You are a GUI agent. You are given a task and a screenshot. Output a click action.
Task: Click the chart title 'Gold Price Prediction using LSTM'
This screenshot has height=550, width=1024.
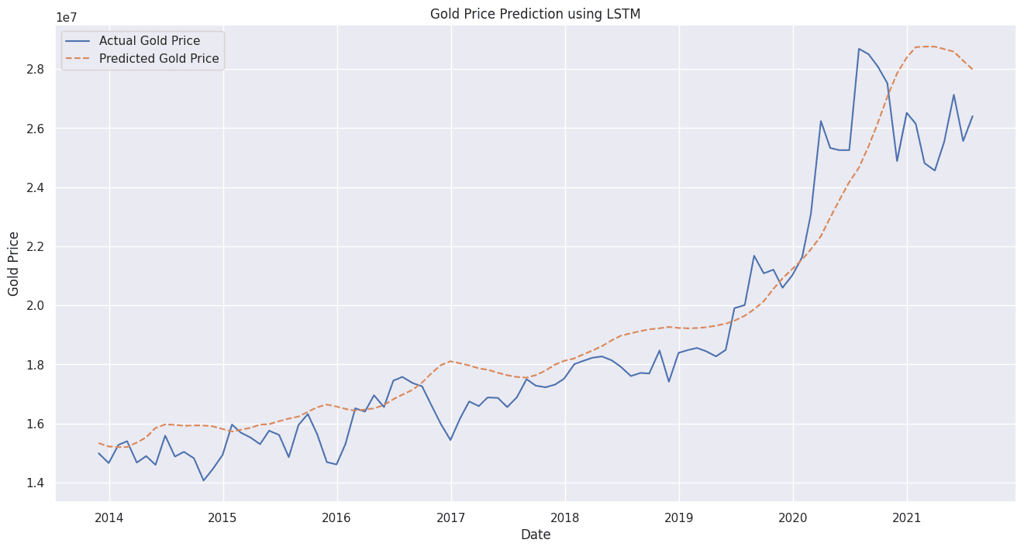[x=535, y=14]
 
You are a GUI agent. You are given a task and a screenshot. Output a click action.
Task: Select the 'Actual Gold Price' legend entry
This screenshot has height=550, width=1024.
[x=149, y=41]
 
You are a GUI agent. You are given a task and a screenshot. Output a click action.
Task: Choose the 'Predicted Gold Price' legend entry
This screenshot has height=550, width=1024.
[x=159, y=59]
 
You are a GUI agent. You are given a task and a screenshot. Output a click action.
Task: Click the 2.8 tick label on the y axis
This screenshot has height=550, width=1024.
[x=36, y=70]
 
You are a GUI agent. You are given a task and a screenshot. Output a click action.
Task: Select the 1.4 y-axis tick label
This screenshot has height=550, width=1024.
[x=36, y=483]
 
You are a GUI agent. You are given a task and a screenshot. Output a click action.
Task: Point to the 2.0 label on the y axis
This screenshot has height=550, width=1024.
[x=36, y=306]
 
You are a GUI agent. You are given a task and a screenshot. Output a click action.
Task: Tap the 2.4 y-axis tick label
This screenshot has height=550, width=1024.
[x=36, y=187]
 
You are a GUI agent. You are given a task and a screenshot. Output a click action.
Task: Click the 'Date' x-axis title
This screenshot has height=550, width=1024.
[x=535, y=535]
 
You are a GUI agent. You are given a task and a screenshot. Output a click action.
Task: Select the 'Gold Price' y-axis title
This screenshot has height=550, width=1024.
[x=14, y=263]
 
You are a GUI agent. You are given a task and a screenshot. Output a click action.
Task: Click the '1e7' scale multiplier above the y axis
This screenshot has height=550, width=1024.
[x=67, y=18]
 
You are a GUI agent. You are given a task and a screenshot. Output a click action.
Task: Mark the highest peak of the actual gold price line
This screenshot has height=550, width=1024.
[x=859, y=48]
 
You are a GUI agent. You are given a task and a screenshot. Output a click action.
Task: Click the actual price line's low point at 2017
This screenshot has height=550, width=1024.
[x=450, y=440]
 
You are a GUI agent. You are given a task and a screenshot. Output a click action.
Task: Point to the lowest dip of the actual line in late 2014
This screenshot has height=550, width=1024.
[x=204, y=480]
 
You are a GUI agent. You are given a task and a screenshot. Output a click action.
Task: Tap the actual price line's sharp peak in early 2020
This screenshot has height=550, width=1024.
[x=821, y=121]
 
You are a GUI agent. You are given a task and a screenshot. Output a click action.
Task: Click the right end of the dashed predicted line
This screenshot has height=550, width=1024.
[x=973, y=70]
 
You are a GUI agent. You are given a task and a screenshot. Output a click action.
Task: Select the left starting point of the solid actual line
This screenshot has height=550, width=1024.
[x=99, y=453]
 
